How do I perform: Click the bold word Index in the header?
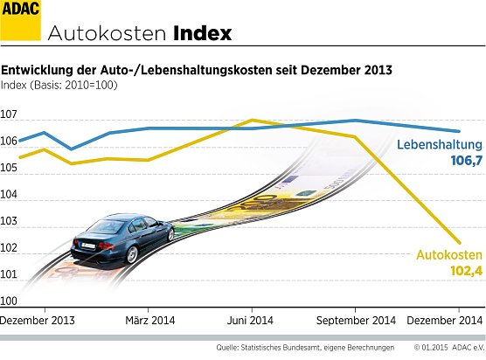[x=202, y=33]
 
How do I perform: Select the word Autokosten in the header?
[x=107, y=34]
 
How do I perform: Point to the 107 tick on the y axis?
[x=9, y=115]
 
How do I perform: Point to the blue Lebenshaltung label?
[x=440, y=145]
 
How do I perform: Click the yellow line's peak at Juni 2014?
[x=252, y=120]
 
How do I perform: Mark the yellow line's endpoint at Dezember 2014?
[x=461, y=243]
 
